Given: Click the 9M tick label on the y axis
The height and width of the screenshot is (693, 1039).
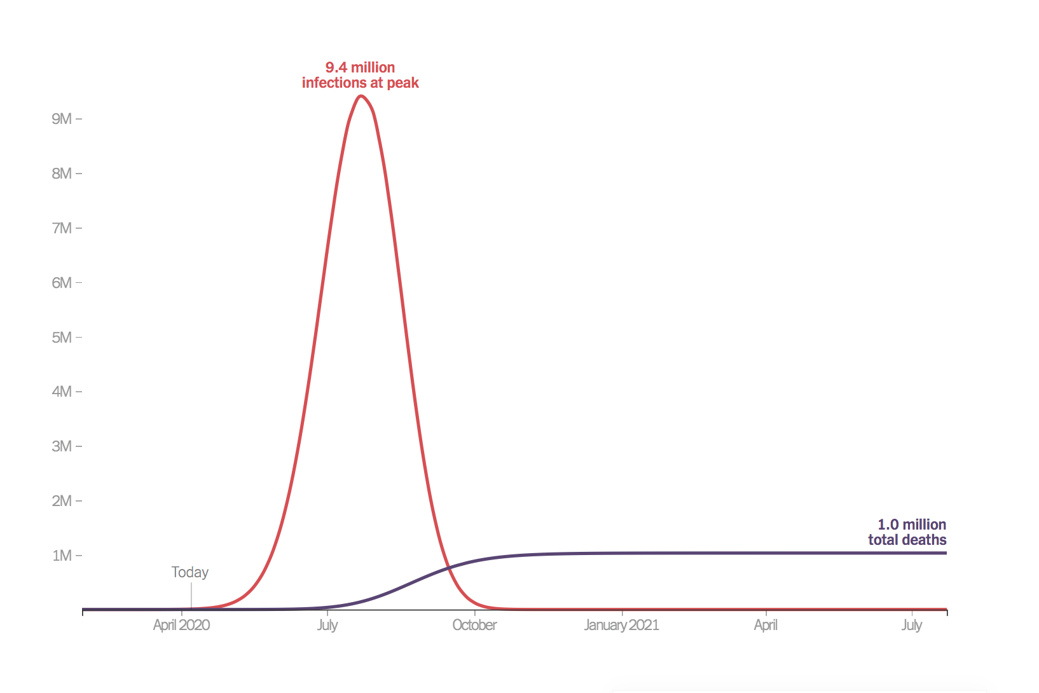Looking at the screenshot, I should coord(62,119).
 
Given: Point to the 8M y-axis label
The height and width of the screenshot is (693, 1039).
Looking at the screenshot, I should coord(62,174).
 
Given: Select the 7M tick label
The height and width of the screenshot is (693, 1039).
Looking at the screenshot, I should coord(62,228).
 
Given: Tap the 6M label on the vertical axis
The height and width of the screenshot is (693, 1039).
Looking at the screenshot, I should coord(62,283).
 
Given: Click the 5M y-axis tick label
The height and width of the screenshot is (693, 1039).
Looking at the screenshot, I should coord(62,338).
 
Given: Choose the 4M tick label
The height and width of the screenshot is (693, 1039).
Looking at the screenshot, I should coord(62,392).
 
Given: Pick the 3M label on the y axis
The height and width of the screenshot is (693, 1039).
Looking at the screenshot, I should coord(62,446).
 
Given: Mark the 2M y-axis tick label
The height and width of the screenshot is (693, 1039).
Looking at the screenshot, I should coord(62,501).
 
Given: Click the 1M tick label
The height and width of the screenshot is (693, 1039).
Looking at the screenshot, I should coord(62,556).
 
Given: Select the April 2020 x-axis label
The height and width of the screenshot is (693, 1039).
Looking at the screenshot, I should coord(181,625).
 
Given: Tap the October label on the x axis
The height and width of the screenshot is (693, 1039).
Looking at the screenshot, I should coord(474,625).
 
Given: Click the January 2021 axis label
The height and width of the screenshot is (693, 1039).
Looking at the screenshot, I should coord(621,625).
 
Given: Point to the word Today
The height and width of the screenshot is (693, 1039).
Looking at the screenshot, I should coord(189,572).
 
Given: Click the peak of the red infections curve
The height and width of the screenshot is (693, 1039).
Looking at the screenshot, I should coord(361,96).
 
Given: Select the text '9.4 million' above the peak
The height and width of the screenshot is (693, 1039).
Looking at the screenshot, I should coord(360,67).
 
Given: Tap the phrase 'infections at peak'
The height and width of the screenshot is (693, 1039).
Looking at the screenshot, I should coord(360,83).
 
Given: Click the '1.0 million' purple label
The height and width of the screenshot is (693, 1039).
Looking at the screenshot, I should coord(912,525).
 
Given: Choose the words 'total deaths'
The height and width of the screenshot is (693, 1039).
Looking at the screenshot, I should coord(907,540).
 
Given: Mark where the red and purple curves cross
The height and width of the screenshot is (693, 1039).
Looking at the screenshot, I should coord(449,566).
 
